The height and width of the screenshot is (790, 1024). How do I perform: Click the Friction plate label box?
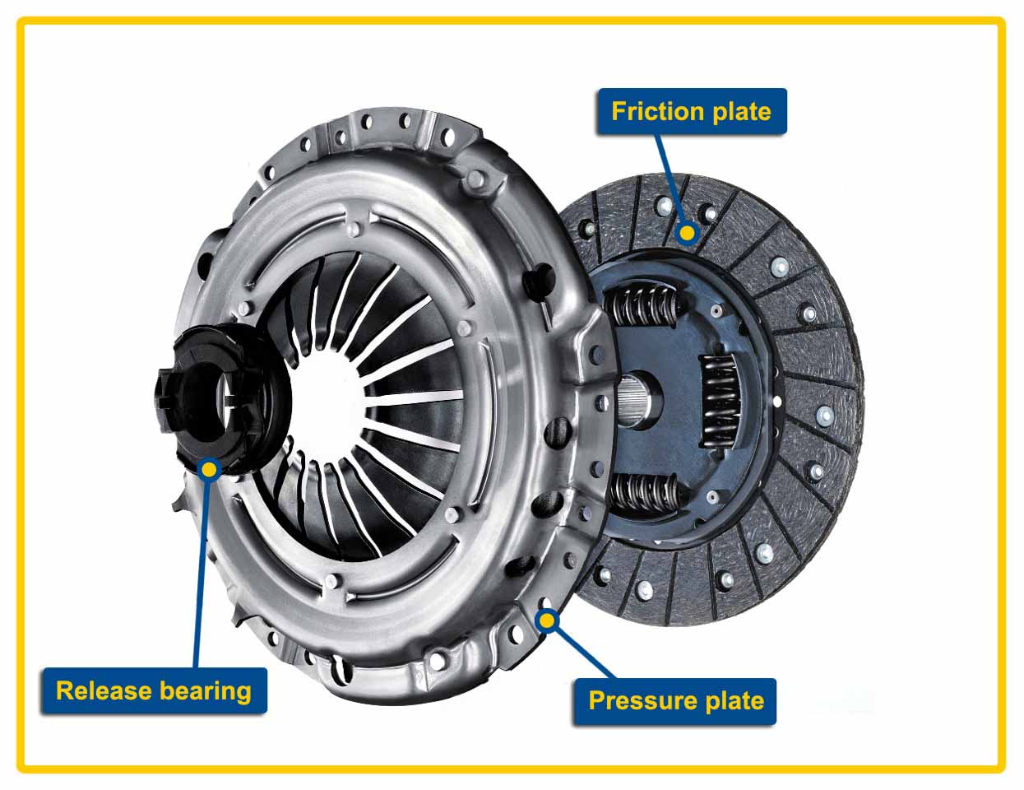pos(691,111)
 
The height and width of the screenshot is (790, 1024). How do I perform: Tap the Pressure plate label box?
pos(674,701)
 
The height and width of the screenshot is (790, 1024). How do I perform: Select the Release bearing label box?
pos(154,690)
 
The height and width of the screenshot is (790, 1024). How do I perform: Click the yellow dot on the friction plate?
pos(688,234)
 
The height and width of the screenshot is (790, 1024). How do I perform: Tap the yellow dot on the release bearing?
pos(210,470)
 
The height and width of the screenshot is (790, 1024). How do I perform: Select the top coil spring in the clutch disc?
pos(645,309)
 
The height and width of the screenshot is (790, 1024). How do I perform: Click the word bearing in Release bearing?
pos(205,690)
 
